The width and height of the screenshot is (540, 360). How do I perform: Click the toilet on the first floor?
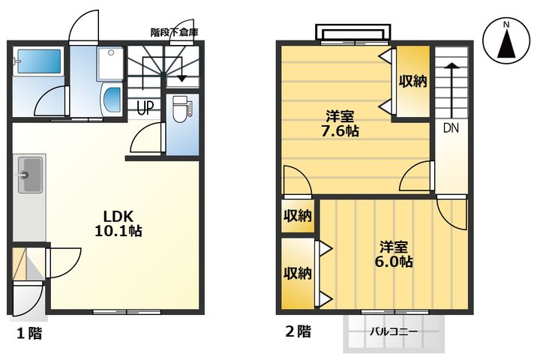click(181, 109)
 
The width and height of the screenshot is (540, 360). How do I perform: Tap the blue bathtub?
click(39, 61)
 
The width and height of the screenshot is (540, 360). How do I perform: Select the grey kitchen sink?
click(30, 175)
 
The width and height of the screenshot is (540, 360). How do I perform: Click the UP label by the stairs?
click(145, 107)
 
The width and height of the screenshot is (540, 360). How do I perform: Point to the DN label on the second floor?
click(451, 128)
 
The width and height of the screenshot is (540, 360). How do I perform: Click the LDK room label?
click(118, 216)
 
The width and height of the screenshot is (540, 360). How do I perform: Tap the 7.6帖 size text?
click(340, 131)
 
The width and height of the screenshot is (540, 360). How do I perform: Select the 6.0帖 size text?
click(393, 262)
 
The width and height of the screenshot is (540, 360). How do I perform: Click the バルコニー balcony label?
click(394, 332)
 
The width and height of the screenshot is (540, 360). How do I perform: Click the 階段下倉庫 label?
click(174, 32)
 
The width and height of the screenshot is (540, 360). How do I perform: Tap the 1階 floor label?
click(29, 333)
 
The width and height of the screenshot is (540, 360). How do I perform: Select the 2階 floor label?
click(298, 331)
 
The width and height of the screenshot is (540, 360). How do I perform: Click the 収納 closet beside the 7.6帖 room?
click(413, 81)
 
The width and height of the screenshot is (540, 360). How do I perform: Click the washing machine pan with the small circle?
click(110, 64)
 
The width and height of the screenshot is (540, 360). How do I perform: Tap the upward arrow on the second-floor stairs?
click(451, 91)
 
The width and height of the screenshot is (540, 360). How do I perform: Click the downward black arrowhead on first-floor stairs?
click(181, 79)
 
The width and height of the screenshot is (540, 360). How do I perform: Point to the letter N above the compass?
click(506, 25)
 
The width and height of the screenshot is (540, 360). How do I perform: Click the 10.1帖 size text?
click(118, 230)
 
